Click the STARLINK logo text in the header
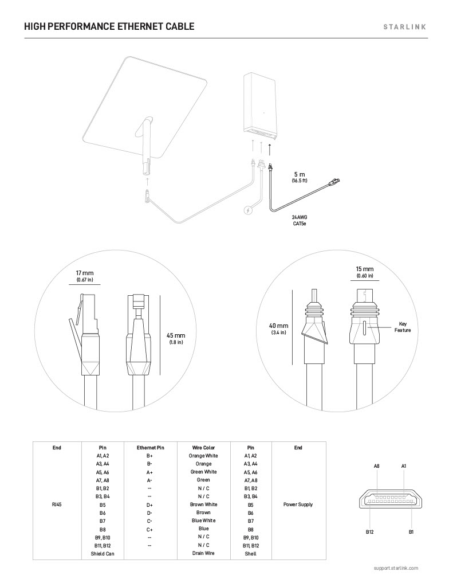click(x=405, y=26)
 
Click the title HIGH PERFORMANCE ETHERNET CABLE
click(x=109, y=26)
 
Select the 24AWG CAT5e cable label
click(x=300, y=220)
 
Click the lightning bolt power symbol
click(x=247, y=210)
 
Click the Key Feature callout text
click(x=402, y=327)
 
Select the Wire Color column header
click(x=203, y=448)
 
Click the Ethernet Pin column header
click(x=150, y=448)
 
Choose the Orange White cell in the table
click(x=203, y=456)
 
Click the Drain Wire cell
click(x=203, y=553)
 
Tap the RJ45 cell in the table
click(x=57, y=504)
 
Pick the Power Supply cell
click(x=298, y=504)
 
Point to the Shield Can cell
click(x=103, y=554)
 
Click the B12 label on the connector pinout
click(x=370, y=532)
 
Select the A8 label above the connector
click(x=377, y=466)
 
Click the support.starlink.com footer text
click(x=395, y=568)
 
